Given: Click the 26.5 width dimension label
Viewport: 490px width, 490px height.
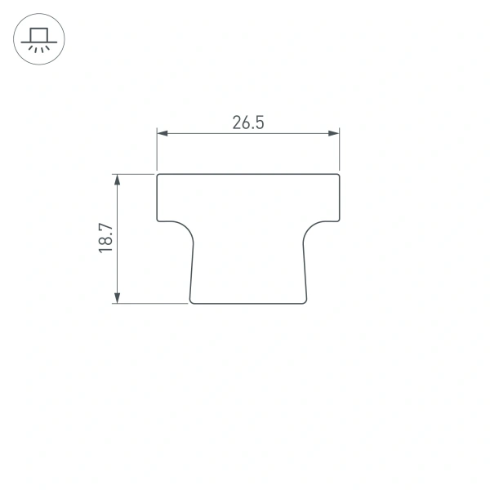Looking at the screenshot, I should [x=248, y=123].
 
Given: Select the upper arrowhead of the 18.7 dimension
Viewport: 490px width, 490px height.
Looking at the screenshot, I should [x=118, y=179].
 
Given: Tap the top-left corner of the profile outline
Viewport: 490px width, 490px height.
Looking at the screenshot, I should [x=158, y=175].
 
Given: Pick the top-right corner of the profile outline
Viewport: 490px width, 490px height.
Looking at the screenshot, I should [x=339, y=175].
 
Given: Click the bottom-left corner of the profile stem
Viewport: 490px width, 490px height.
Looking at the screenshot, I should [x=191, y=302].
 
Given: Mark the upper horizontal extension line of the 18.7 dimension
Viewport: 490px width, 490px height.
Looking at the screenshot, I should [x=135, y=173].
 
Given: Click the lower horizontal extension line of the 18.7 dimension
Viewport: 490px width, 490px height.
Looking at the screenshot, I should [x=151, y=304].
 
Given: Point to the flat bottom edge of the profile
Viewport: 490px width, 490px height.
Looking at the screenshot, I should [x=249, y=304].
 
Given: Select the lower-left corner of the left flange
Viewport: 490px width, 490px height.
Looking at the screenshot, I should [x=158, y=220].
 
